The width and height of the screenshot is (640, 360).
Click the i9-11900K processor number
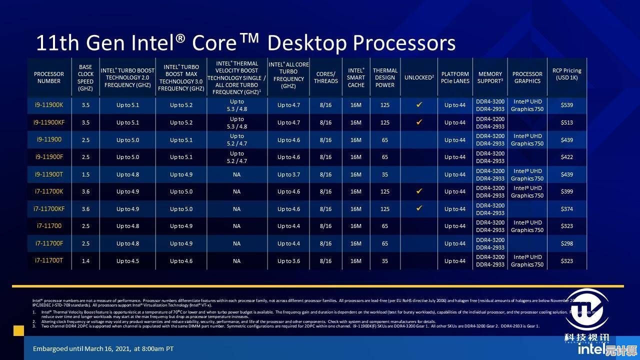(x=49, y=105)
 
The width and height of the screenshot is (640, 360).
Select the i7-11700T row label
(x=49, y=260)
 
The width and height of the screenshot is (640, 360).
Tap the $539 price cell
(x=567, y=105)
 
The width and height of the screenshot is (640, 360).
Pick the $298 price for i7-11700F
(x=567, y=243)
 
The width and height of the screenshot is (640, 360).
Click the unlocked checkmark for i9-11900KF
(x=419, y=122)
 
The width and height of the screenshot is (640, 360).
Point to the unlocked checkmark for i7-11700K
(x=419, y=191)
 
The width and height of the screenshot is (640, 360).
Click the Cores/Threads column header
(x=326, y=77)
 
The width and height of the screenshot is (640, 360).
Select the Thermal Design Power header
(x=385, y=77)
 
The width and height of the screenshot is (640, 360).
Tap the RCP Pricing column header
(x=567, y=74)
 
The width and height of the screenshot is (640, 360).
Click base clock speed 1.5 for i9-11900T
(x=85, y=174)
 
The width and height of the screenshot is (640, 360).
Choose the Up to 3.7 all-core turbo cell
(x=289, y=174)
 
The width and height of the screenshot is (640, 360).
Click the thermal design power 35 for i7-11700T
(x=385, y=260)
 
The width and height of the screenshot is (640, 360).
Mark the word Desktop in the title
(x=305, y=43)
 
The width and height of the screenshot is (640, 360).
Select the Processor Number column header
(x=49, y=77)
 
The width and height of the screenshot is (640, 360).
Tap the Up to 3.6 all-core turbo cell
(x=289, y=260)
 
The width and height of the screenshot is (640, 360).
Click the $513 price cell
(x=567, y=122)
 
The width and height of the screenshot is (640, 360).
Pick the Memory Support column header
(x=490, y=77)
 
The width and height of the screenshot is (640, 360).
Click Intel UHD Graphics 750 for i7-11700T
(x=527, y=260)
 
